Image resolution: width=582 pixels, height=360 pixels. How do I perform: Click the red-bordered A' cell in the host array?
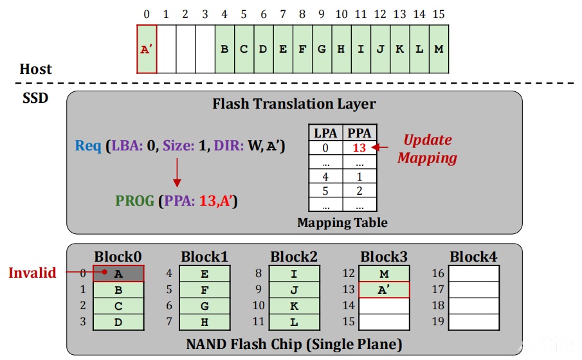pos(147,49)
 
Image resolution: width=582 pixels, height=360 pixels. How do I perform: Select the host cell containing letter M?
pos(439,49)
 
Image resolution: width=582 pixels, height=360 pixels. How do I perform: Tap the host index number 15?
pos(439,14)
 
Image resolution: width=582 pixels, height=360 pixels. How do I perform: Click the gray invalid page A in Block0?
pos(118,273)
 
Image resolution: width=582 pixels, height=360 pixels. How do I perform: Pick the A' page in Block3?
pos(384,289)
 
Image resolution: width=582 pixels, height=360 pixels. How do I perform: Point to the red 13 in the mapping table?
pos(359,148)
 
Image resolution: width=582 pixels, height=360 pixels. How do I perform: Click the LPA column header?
pos(325,133)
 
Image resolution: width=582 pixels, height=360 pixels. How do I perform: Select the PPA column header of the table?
pos(359,133)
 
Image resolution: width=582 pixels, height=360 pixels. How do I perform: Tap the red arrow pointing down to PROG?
pos(177,172)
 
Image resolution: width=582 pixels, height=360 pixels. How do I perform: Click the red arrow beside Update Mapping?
pos(379,147)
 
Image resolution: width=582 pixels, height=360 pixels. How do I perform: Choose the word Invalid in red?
pos(32,273)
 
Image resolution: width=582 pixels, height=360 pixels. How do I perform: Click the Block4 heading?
pos(473,256)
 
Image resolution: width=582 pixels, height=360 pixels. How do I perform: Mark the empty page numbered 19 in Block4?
pos(473,322)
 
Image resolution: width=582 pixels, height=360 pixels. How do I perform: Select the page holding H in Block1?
pos(205,322)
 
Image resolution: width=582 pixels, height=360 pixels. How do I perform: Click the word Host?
pos(35,69)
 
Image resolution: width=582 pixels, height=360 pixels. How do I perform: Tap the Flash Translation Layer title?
pos(294,104)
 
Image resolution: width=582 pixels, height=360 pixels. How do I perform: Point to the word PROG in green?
pos(135,201)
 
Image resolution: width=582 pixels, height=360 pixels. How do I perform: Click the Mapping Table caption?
pos(342,222)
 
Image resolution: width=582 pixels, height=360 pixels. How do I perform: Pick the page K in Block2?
pos(294,306)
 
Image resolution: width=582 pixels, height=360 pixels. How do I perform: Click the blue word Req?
pos(88,145)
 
